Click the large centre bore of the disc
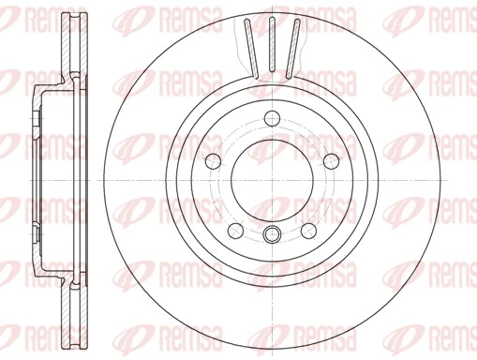click(272, 178)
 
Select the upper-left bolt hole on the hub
click(214, 159)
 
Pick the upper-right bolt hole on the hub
click(330, 159)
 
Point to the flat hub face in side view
click(34, 178)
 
